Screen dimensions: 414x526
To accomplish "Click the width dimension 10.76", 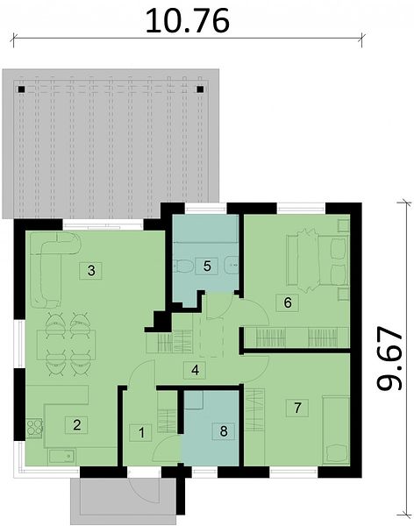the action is click(x=188, y=21).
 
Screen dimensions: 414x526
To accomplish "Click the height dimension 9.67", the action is click(x=389, y=359).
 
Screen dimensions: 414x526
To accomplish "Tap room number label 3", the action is click(x=91, y=270).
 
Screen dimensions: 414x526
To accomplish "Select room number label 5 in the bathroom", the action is click(x=207, y=266).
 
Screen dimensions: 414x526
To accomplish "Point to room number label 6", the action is click(x=288, y=302).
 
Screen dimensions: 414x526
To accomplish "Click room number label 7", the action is click(x=297, y=409).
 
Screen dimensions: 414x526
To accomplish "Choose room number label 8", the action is click(x=224, y=431).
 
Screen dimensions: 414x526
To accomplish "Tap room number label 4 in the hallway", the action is click(x=195, y=370).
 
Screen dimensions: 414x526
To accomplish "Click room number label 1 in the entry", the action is click(x=141, y=433).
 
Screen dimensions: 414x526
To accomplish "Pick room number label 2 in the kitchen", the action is click(x=77, y=425).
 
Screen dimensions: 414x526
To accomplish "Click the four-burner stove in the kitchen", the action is click(x=34, y=428).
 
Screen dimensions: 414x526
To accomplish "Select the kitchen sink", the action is click(x=61, y=456).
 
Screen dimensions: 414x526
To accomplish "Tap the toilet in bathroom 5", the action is click(x=183, y=267).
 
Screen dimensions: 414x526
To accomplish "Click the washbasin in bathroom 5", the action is click(x=230, y=266).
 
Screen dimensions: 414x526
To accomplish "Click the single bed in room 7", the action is click(x=336, y=430).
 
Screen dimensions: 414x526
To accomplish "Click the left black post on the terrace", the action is click(x=21, y=89).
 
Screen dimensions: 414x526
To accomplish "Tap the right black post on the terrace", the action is click(x=200, y=89).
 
